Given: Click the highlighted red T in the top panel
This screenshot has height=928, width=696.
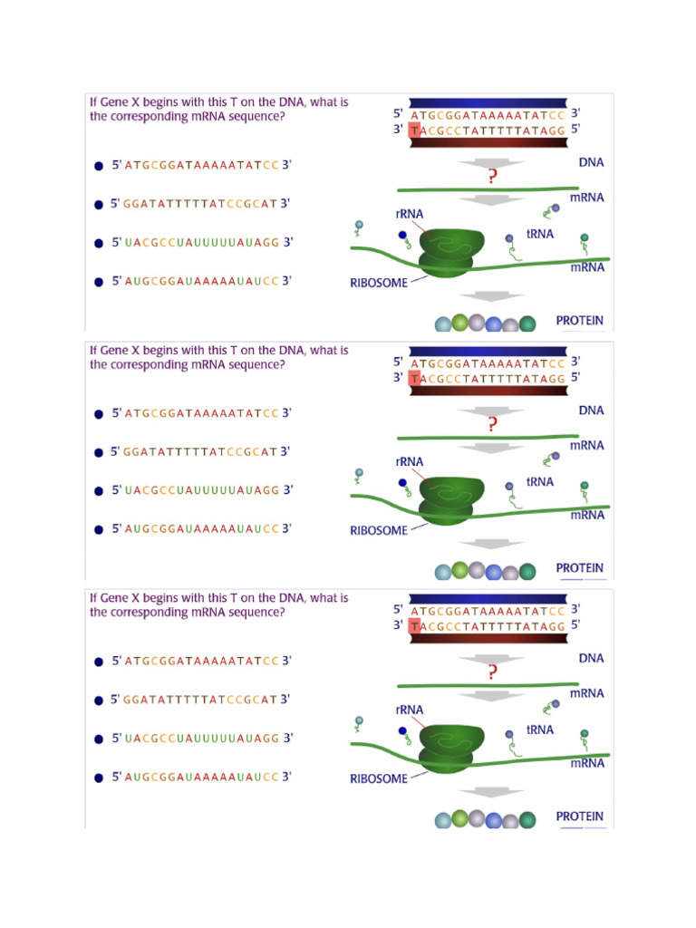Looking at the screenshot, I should pyautogui.click(x=415, y=131).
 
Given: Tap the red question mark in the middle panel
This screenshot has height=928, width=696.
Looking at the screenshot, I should pyautogui.click(x=492, y=424).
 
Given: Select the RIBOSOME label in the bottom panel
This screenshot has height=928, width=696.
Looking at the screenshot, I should pyautogui.click(x=379, y=778).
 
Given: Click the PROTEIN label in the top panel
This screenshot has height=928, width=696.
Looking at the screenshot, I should pyautogui.click(x=579, y=321).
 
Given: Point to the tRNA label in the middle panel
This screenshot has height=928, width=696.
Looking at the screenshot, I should pyautogui.click(x=539, y=481).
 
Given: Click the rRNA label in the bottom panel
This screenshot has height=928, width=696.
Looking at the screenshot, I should pyautogui.click(x=410, y=710).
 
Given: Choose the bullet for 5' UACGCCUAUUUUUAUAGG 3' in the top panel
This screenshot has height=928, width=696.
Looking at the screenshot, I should pyautogui.click(x=99, y=244).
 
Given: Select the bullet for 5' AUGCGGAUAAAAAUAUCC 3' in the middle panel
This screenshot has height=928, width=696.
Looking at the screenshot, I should pyautogui.click(x=99, y=530).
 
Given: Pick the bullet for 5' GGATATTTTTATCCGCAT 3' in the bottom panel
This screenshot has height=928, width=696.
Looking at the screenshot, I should pyautogui.click(x=99, y=701).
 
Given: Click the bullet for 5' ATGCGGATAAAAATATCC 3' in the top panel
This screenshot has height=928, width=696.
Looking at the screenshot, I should pyautogui.click(x=99, y=167).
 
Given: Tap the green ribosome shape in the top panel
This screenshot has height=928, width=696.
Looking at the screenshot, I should pyautogui.click(x=448, y=253).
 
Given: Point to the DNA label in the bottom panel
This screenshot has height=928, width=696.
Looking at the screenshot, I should pyautogui.click(x=591, y=659).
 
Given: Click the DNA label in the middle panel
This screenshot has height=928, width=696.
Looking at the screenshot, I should pyautogui.click(x=591, y=411).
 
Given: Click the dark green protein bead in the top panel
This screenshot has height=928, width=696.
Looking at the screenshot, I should pyautogui.click(x=527, y=324).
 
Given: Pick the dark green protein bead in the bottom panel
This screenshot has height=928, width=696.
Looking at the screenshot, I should pyautogui.click(x=527, y=820).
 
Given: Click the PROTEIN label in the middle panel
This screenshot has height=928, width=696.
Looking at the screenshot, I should pyautogui.click(x=579, y=568).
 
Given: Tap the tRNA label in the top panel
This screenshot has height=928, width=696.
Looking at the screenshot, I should pyautogui.click(x=539, y=234).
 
